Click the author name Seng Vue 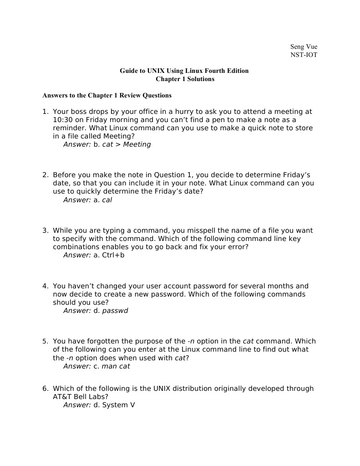(304, 46)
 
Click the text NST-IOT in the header (304, 55)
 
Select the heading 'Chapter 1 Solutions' (185, 79)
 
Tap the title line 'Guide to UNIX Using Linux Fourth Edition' (184, 71)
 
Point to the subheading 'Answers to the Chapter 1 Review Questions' (107, 95)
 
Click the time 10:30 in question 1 (63, 120)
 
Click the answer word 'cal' (107, 200)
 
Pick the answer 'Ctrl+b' (113, 255)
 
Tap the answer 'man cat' (116, 366)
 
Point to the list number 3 (45, 230)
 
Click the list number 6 (45, 389)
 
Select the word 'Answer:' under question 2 (77, 200)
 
